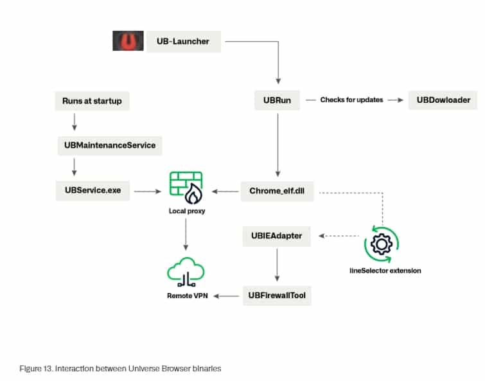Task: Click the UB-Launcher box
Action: click(x=183, y=42)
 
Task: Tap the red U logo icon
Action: click(x=128, y=41)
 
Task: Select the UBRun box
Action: click(x=278, y=101)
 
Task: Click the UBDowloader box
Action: click(x=443, y=100)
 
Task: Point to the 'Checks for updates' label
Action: click(x=351, y=100)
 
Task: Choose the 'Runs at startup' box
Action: click(x=92, y=101)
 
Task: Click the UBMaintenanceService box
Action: click(x=110, y=145)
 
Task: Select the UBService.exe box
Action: click(x=93, y=191)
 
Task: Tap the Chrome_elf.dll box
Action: click(x=278, y=191)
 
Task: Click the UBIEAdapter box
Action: click(x=277, y=236)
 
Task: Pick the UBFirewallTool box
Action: click(x=277, y=296)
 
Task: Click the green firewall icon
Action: click(x=186, y=187)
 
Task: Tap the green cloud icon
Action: click(x=186, y=274)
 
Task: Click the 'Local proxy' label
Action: click(x=186, y=211)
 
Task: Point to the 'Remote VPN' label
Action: click(x=186, y=296)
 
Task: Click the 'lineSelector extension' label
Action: click(x=382, y=270)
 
